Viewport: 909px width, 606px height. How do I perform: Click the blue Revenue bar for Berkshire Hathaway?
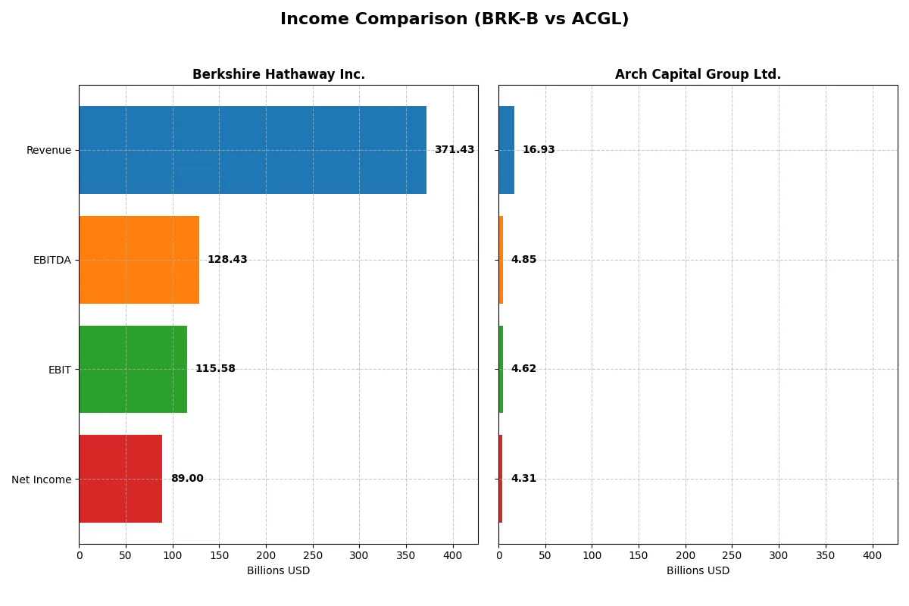click(x=252, y=150)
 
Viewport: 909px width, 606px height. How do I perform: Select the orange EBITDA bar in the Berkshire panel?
click(x=139, y=260)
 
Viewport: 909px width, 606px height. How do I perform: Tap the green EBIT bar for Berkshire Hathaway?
click(x=133, y=369)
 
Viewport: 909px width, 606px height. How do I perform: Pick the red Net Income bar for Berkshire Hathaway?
click(x=120, y=479)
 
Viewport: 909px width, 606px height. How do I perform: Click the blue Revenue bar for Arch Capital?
click(x=506, y=150)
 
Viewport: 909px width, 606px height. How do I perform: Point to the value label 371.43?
click(x=454, y=150)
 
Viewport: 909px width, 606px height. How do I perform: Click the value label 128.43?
click(x=227, y=260)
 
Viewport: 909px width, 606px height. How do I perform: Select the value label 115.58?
click(x=215, y=369)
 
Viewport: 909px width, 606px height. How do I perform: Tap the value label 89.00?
click(x=187, y=479)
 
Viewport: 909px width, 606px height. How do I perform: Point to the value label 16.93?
click(x=539, y=150)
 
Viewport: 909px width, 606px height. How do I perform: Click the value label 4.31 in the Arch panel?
click(x=523, y=479)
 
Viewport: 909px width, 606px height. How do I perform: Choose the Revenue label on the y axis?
click(x=48, y=150)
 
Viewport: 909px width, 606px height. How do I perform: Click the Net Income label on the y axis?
click(x=42, y=479)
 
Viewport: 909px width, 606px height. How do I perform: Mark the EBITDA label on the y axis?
click(x=52, y=260)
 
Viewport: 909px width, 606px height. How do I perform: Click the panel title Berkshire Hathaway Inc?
click(x=279, y=74)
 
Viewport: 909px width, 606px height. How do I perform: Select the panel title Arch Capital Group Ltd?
click(x=698, y=74)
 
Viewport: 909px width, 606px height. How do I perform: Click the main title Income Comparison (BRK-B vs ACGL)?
click(x=454, y=19)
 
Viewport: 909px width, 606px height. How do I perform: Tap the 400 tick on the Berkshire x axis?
click(x=453, y=555)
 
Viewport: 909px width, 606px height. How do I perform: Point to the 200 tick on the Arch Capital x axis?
click(x=686, y=555)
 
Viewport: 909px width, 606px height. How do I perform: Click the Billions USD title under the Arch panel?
click(x=698, y=570)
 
